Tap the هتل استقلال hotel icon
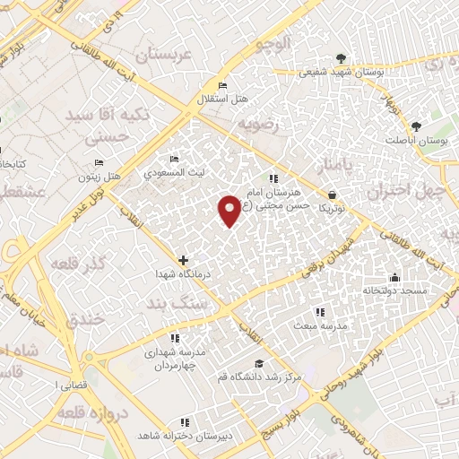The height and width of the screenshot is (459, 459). click(222, 86)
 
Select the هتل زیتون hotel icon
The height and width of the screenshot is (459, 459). click(100, 163)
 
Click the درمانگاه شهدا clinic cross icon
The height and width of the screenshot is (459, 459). click(184, 260)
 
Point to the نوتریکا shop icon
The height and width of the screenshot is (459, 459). click(333, 194)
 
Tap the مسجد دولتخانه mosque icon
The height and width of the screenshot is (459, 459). click(394, 277)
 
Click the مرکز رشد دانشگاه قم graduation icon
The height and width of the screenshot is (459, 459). click(259, 363)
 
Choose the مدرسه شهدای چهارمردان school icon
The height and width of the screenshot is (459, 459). click(175, 338)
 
